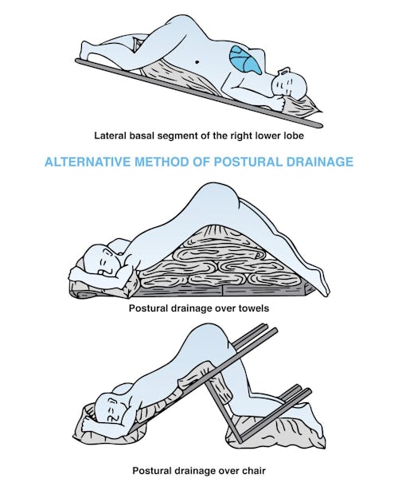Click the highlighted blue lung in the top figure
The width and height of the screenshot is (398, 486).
coord(244,59)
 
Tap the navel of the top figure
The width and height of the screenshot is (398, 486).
coord(197,62)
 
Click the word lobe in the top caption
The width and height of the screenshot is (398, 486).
coord(294,135)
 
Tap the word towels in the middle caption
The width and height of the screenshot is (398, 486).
coord(254,308)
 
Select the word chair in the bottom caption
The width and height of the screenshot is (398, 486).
coord(255,471)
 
